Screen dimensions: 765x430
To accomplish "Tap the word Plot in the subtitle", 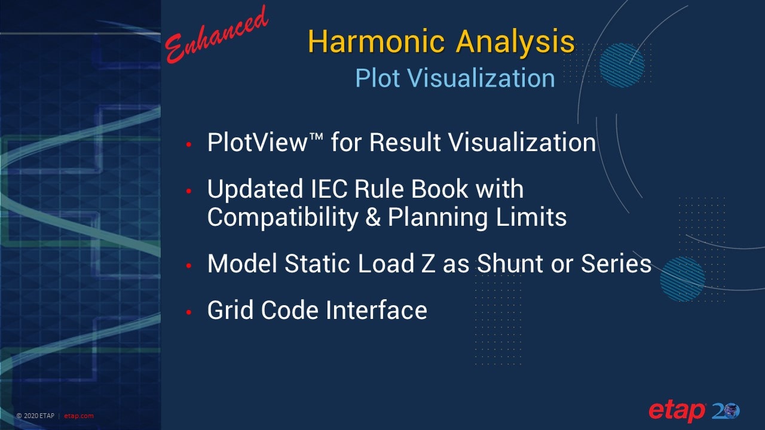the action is point(377,78).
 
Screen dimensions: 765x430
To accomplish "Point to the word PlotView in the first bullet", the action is point(258,142).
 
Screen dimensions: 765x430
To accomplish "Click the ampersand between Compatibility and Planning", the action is point(373,217).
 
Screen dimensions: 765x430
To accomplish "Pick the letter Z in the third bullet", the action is point(428,264).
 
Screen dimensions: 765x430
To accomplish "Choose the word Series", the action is point(616,264).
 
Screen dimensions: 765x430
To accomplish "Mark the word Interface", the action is point(377,310).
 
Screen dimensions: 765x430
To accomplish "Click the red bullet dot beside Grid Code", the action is point(189,312).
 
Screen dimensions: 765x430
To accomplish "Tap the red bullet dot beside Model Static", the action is point(189,266).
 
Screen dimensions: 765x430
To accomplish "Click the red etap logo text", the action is point(677,411).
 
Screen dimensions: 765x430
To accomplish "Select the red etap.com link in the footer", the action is point(78,416).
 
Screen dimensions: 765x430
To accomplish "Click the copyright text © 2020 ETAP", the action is point(35,416).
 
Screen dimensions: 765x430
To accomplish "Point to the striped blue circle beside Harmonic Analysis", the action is point(622,65).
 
